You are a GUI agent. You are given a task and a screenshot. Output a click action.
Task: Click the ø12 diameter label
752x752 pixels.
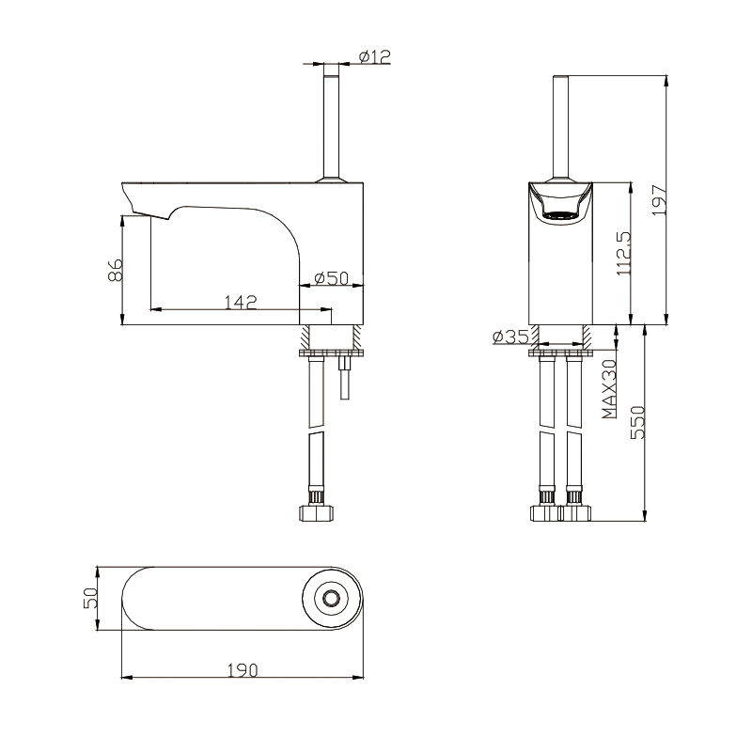pos(376,57)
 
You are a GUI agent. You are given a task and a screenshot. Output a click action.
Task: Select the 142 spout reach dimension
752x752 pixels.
pos(241,301)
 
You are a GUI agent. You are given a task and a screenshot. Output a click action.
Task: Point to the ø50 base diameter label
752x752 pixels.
pos(332,278)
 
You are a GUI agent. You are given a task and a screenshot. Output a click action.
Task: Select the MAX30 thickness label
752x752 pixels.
pos(609,387)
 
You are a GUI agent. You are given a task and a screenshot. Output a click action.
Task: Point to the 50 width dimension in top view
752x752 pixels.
pos(91,599)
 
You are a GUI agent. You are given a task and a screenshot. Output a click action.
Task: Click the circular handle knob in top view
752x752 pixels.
pos(329,599)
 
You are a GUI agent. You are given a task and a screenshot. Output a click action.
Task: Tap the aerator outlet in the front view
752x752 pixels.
pos(561,216)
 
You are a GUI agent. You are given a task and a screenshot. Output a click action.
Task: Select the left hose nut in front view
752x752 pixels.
pos(545,513)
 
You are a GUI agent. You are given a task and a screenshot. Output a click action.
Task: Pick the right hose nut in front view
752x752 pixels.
pos(574,513)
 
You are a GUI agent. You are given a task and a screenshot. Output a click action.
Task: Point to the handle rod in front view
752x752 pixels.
pos(561,122)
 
